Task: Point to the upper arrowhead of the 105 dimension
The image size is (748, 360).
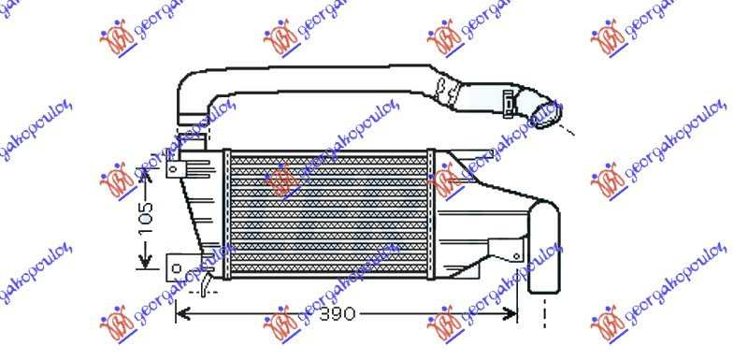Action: pos(147,176)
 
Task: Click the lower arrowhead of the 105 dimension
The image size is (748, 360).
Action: pos(146,262)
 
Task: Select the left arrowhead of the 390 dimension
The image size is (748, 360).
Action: pos(182,314)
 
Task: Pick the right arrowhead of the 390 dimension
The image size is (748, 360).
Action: pos(510,314)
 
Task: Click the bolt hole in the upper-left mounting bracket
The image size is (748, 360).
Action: pos(175,168)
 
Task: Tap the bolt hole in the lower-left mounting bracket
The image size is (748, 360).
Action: pos(176,268)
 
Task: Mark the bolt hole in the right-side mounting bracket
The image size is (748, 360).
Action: pos(517,255)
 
